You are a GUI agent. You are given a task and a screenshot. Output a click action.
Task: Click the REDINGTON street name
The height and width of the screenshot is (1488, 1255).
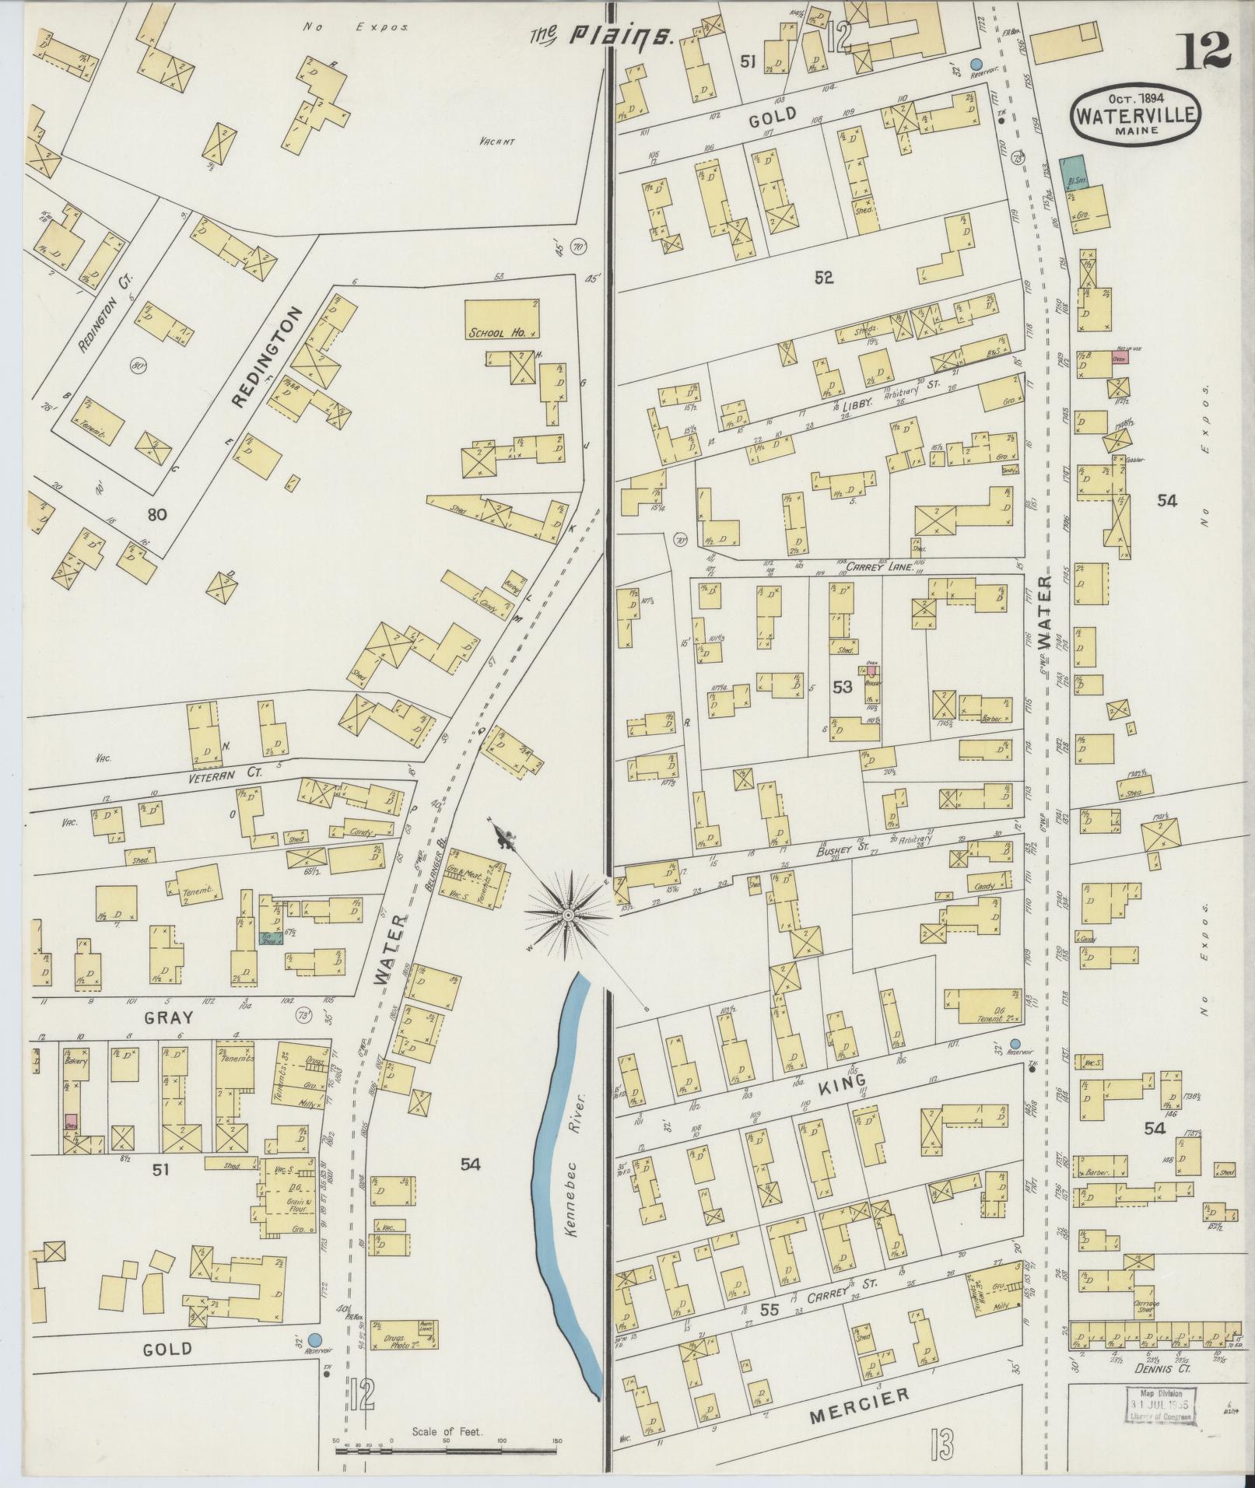(266, 355)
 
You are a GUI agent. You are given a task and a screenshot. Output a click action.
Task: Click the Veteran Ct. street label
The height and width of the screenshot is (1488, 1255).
(223, 774)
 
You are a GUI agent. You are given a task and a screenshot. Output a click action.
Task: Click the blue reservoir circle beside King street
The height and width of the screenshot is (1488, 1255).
(1015, 1044)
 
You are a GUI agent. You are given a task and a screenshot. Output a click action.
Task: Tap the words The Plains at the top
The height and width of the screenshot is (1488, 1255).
(600, 35)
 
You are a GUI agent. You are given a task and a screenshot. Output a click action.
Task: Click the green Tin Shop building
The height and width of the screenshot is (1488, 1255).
(270, 937)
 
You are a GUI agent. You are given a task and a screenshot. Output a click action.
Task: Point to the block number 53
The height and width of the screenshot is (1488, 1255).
(842, 686)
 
